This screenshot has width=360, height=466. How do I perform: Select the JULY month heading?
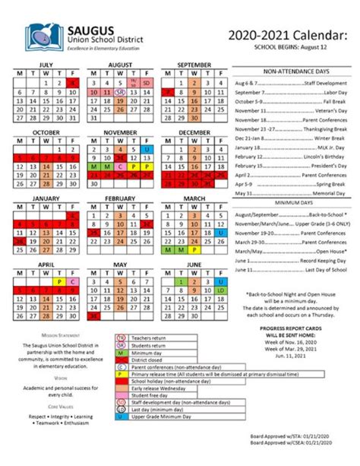tap(46, 65)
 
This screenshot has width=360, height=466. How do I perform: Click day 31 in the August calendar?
tap(93, 118)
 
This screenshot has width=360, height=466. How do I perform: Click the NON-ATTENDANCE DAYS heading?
tap(291, 69)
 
